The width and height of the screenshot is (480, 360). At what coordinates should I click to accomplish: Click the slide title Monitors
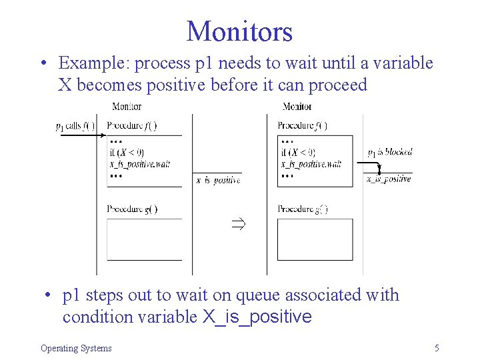239,31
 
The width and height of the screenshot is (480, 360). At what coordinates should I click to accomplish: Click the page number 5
436,347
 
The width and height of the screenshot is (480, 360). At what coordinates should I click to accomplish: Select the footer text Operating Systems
76,348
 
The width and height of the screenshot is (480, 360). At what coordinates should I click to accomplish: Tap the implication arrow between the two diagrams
238,224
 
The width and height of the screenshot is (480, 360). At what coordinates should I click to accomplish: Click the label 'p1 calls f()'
75,127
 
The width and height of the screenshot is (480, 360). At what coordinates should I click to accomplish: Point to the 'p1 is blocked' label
390,152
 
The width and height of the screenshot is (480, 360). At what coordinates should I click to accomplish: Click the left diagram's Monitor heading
127,107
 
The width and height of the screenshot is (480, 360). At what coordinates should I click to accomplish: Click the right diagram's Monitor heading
297,107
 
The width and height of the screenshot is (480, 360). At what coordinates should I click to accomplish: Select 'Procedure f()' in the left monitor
132,125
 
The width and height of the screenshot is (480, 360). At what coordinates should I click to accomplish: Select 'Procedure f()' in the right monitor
303,125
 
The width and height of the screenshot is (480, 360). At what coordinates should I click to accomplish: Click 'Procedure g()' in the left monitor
132,209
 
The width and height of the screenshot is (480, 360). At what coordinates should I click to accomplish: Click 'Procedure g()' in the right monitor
303,209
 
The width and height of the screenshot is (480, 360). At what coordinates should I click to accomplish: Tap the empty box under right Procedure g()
315,239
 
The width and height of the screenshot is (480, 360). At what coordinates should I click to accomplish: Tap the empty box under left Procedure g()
145,239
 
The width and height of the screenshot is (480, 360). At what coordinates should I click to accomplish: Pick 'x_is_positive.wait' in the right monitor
311,164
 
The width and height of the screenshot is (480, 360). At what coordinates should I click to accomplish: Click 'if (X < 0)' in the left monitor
127,153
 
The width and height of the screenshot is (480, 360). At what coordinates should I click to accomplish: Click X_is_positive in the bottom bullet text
257,317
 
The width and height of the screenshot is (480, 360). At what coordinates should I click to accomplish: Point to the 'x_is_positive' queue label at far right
389,179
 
